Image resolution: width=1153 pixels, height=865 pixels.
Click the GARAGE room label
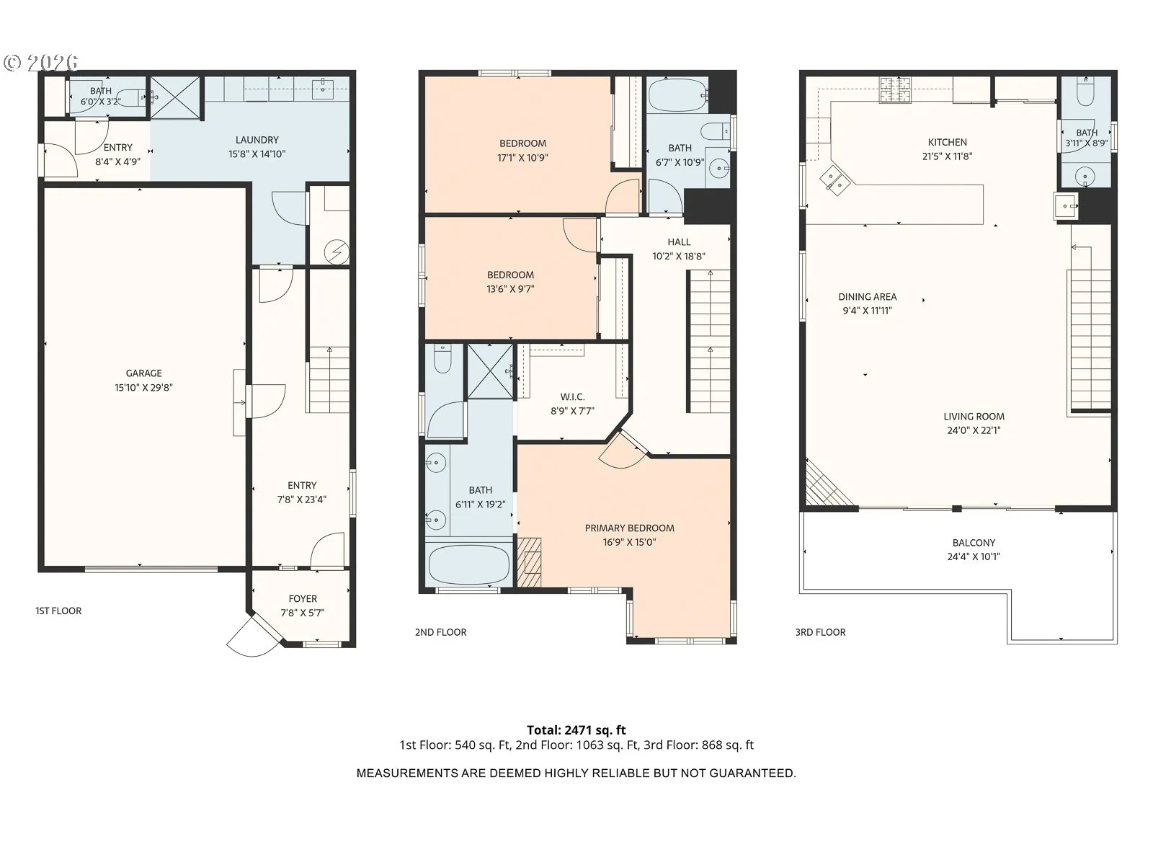(143, 373)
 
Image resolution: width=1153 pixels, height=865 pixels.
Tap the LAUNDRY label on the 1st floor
(257, 141)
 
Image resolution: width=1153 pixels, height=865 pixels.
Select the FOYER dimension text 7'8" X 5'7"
(303, 613)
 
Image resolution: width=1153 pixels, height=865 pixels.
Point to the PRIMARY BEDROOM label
(629, 528)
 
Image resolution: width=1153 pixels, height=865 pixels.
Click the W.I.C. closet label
(572, 397)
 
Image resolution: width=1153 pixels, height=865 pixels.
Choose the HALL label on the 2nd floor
(679, 242)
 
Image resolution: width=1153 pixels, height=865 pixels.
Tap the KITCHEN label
(947, 142)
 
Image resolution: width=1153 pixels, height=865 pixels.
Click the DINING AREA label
(867, 297)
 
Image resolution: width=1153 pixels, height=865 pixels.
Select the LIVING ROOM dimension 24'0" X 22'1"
(974, 430)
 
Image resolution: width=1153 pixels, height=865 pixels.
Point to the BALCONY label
(974, 543)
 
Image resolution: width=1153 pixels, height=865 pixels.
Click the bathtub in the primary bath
(469, 565)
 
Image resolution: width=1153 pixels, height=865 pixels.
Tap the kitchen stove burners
(896, 90)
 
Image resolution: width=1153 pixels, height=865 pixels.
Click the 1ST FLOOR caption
(58, 611)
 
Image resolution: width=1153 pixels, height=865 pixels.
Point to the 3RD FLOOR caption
(820, 632)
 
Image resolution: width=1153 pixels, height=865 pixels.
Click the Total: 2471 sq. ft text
(576, 730)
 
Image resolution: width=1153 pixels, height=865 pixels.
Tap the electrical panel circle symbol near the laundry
(337, 252)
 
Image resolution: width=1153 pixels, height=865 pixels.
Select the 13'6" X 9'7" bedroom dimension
(510, 289)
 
